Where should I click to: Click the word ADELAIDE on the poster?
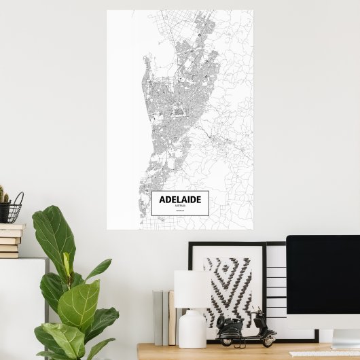click(x=180, y=200)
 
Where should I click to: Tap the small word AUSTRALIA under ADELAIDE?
click(x=180, y=206)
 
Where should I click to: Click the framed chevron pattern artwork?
click(x=228, y=285)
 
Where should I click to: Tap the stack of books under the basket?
click(x=11, y=240)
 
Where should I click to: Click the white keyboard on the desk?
click(x=323, y=354)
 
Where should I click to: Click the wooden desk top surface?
click(x=204, y=352)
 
